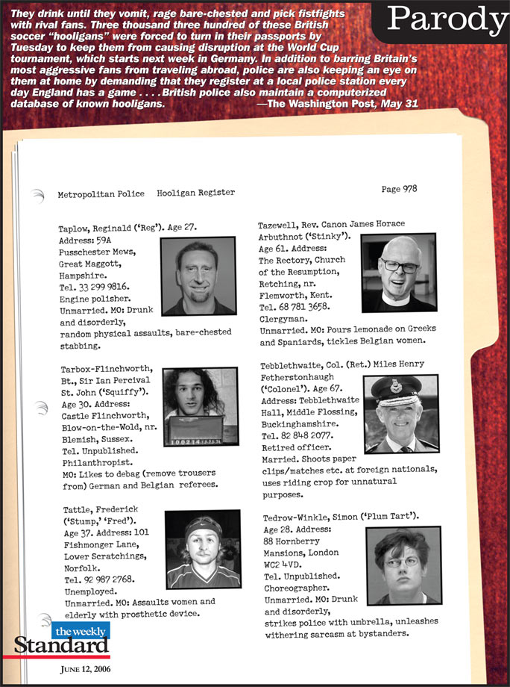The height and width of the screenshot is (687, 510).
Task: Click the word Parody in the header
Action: click(445, 20)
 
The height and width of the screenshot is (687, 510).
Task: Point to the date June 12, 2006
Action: click(85, 668)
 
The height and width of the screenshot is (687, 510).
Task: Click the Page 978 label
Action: click(399, 189)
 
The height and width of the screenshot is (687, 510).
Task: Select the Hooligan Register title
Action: click(195, 193)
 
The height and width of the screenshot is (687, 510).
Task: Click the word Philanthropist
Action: click(93, 463)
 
